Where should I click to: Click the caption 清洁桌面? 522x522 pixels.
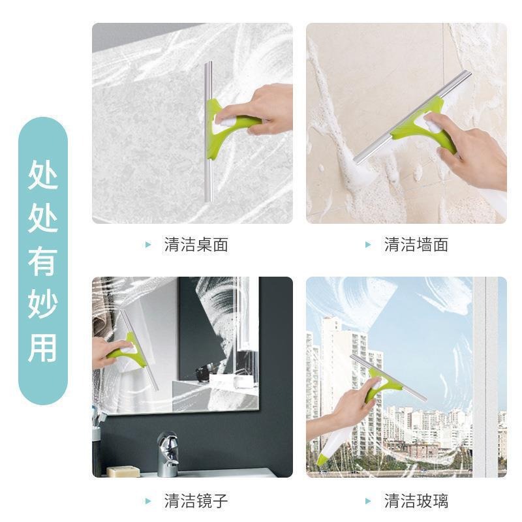pos(196,245)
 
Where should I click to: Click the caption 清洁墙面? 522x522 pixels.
pos(416,245)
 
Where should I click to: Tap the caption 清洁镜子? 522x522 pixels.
pos(196,502)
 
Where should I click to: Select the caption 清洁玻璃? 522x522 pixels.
pos(416,502)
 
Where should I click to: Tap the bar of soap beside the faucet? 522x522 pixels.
pos(123,471)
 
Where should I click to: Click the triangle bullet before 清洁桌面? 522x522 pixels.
pos(148,245)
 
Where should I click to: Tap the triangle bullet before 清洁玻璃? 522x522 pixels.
pos(369,502)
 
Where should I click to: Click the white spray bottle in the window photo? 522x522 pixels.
pos(336,444)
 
